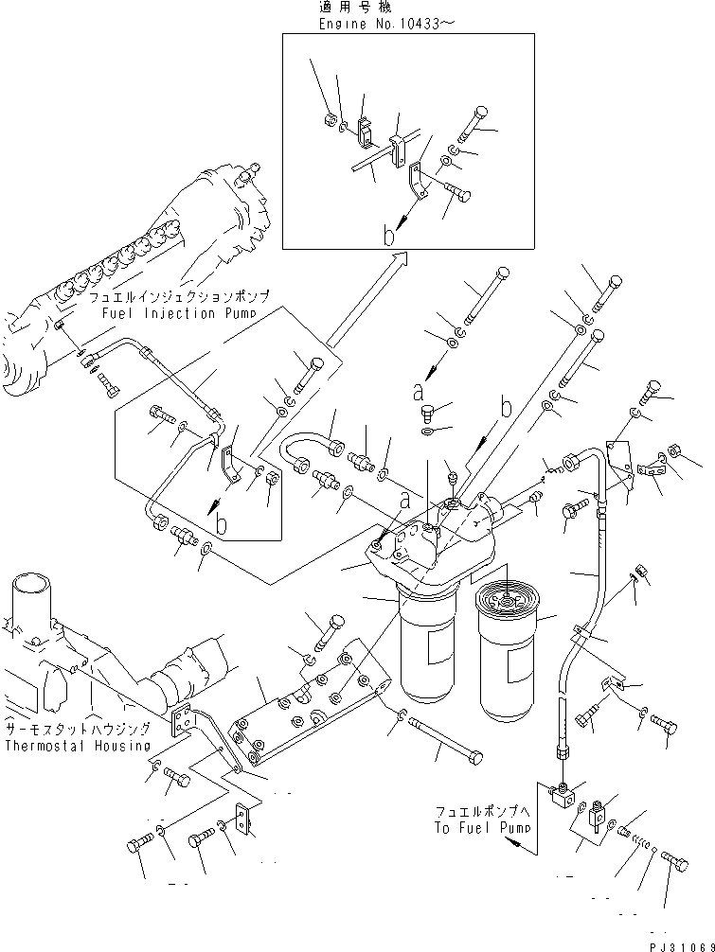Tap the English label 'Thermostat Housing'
(77, 745)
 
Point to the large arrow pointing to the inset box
(365, 298)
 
